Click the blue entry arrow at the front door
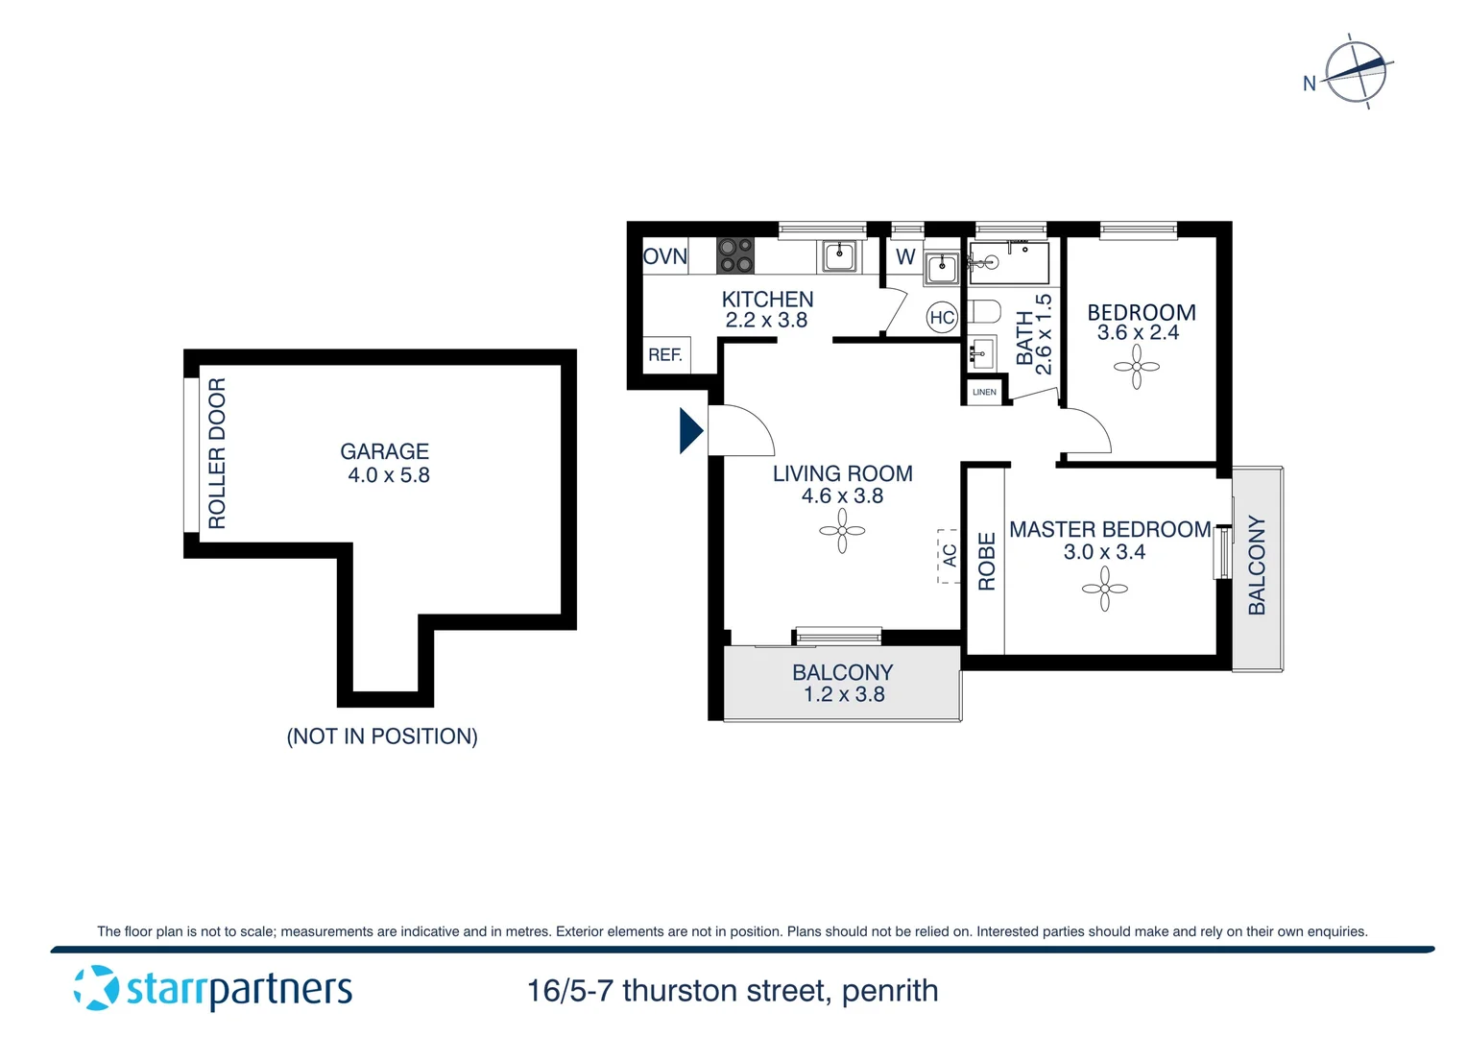(x=690, y=430)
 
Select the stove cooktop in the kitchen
(x=735, y=255)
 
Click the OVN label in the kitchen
(x=665, y=256)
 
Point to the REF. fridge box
(x=665, y=355)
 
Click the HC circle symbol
(x=942, y=318)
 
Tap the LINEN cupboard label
(x=984, y=392)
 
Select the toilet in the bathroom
(x=984, y=312)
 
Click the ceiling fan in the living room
(x=842, y=531)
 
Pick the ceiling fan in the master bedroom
(x=1105, y=589)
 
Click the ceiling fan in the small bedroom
(x=1137, y=367)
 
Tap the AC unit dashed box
(x=949, y=556)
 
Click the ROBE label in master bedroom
(x=986, y=562)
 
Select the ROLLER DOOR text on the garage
(x=217, y=453)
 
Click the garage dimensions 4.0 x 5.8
(x=389, y=475)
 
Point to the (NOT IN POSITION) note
(x=382, y=736)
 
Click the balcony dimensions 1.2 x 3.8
(x=844, y=694)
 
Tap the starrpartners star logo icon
(x=96, y=988)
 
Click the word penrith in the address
(x=890, y=991)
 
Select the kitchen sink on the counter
(x=839, y=256)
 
